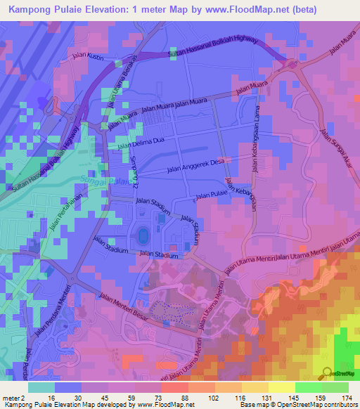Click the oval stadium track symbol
click(144, 233)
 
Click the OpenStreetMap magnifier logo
click(328, 373)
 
